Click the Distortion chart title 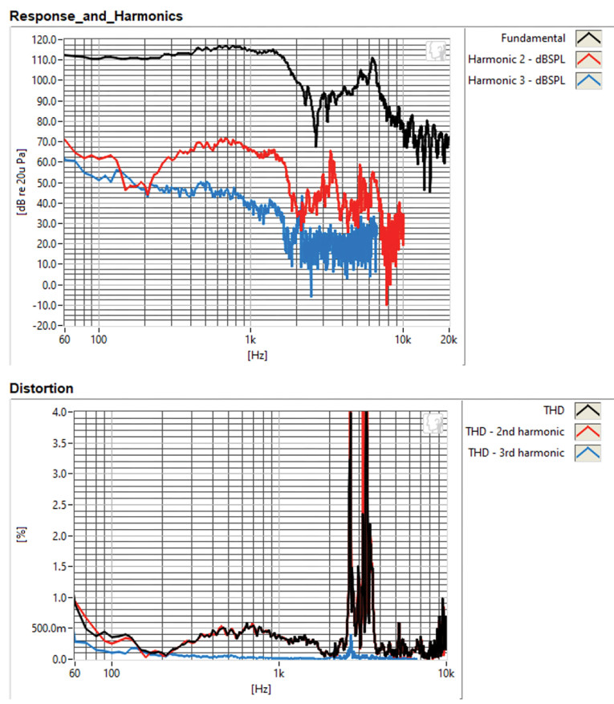[x=41, y=389]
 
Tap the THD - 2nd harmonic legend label [x=514, y=431]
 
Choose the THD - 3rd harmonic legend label [x=514, y=452]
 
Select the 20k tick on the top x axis [x=449, y=340]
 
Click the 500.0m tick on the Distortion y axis [x=51, y=629]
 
